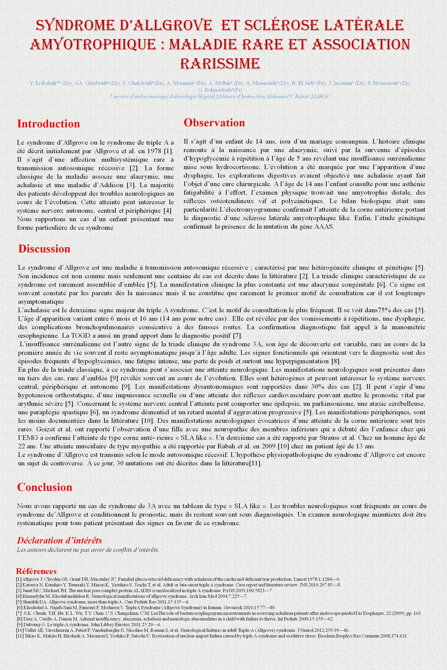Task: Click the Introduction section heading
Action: coord(48,124)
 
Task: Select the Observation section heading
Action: coord(214,123)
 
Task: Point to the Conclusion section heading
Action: coord(45,487)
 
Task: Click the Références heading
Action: coord(36,571)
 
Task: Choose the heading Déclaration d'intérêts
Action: coord(59,540)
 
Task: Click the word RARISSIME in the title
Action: coord(220,63)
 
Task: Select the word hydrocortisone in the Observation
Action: coord(225,167)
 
